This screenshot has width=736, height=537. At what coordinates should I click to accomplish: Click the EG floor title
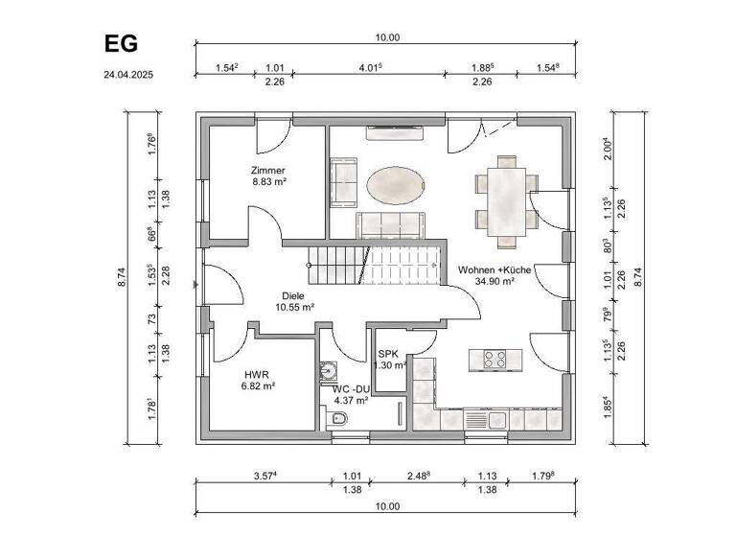click(x=120, y=44)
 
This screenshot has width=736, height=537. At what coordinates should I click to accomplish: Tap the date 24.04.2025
click(x=128, y=73)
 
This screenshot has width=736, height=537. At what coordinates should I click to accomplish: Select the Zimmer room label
click(x=269, y=170)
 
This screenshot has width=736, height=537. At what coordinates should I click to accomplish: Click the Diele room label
click(x=292, y=296)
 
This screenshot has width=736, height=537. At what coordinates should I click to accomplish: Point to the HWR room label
click(x=258, y=372)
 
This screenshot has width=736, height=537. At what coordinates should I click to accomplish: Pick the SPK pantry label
click(x=388, y=354)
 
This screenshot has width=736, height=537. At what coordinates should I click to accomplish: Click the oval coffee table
click(x=395, y=184)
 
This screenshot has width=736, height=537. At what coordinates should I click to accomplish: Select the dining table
click(x=505, y=198)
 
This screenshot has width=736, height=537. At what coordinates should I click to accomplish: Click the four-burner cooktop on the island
click(x=495, y=360)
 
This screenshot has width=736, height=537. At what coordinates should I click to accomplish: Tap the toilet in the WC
click(x=335, y=420)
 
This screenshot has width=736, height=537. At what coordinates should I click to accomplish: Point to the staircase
click(x=374, y=262)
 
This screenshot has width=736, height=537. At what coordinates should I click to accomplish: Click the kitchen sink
click(x=476, y=419)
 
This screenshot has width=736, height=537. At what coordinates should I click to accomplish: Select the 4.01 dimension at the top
click(x=370, y=67)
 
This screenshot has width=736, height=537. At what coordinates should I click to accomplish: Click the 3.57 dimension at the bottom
click(x=265, y=476)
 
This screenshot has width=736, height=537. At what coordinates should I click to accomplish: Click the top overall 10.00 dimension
click(x=387, y=37)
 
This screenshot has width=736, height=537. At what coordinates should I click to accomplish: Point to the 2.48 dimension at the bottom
click(x=417, y=476)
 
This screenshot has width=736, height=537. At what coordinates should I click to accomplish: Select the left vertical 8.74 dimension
click(x=123, y=277)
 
